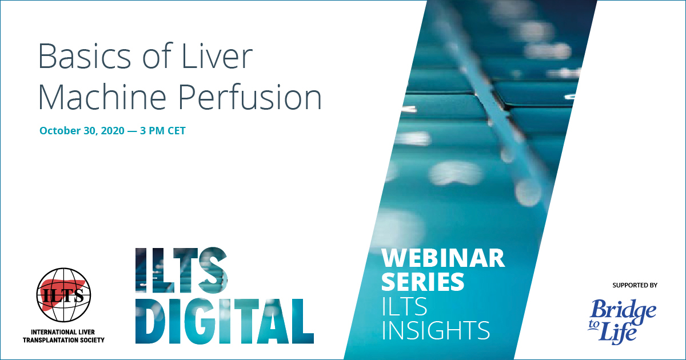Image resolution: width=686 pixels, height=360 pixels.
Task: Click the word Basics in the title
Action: [x=85, y=57]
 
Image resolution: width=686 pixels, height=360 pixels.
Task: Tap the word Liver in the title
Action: [x=217, y=57]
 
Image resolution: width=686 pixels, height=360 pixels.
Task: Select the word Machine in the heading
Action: [x=102, y=97]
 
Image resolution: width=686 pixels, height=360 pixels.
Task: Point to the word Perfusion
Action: [x=250, y=97]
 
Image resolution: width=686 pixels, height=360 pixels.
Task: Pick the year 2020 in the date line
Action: [x=113, y=131]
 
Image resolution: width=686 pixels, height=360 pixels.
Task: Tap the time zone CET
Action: [x=176, y=131]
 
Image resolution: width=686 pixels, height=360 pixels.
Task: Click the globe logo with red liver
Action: [x=63, y=295]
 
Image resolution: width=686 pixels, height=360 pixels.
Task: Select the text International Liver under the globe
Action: [x=63, y=332]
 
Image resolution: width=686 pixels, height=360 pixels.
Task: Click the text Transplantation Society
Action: [x=63, y=340]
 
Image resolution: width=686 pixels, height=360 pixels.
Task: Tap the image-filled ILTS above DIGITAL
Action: [x=181, y=269]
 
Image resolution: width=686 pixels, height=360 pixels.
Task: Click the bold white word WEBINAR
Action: [x=443, y=258]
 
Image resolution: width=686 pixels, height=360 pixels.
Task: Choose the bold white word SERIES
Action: [x=422, y=281]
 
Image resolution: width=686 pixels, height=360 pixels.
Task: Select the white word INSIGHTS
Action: [x=436, y=330]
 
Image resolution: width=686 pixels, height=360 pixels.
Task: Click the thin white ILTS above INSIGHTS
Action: [x=404, y=306]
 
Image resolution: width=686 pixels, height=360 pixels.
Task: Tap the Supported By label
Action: [x=635, y=285]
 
